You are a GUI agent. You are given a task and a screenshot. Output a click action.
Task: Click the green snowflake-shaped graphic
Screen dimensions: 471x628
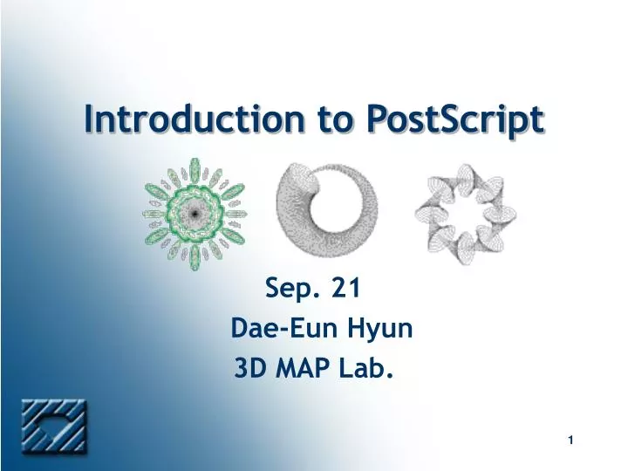pos(194,209)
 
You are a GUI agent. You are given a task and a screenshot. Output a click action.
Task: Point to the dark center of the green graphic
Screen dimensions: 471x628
pos(194,210)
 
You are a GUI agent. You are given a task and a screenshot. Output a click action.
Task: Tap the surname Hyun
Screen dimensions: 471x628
pos(380,329)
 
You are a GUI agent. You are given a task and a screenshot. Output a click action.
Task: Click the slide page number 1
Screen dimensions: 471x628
pos(570,441)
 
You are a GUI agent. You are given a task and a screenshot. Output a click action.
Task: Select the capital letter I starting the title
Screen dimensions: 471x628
pos(90,119)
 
